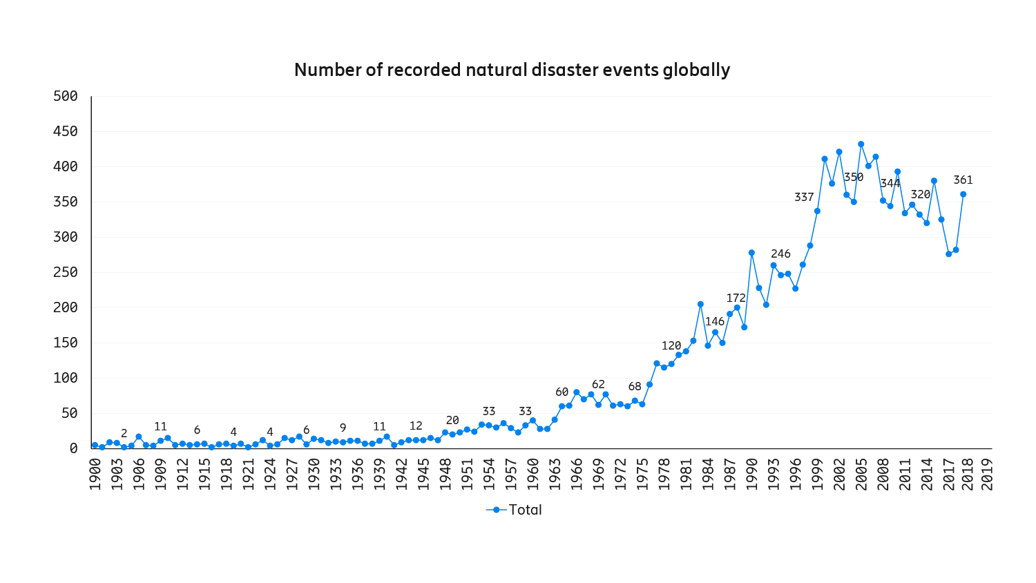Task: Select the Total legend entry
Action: [515, 510]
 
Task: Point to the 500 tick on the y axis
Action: [66, 96]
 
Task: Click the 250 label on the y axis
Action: [66, 272]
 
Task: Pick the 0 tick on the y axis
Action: [74, 448]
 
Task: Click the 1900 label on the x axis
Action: [95, 473]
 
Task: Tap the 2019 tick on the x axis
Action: [988, 473]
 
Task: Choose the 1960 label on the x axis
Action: [533, 473]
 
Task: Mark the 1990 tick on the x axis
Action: [751, 473]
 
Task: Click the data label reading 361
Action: [963, 180]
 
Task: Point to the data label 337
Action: [804, 198]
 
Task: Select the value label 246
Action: [780, 254]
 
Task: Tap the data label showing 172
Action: [736, 298]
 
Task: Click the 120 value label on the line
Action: [671, 346]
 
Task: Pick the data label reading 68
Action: [635, 387]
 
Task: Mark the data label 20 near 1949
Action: [452, 421]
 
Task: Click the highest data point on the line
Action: [861, 144]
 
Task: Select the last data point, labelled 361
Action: [963, 194]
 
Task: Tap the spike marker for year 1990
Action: [751, 253]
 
